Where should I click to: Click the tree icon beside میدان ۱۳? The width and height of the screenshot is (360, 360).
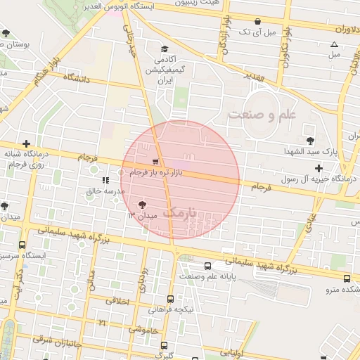point(143,205)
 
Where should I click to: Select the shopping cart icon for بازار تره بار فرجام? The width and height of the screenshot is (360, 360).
point(155,161)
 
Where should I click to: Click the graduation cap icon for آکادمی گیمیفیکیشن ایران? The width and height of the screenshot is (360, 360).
point(165,49)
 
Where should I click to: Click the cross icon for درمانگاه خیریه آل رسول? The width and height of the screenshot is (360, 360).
point(320,168)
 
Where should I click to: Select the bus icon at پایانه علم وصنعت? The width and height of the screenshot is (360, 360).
point(207,266)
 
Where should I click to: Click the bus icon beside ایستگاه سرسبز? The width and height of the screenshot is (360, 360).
point(22,246)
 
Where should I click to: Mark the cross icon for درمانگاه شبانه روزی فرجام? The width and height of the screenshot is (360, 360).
point(27,143)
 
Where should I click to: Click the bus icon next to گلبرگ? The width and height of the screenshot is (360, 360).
point(164,346)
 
